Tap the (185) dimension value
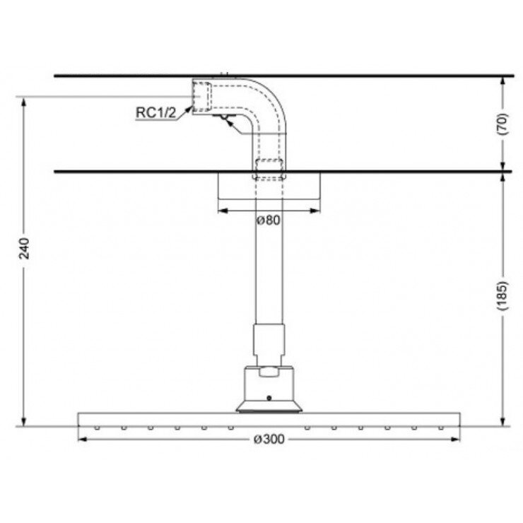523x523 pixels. click(503, 298)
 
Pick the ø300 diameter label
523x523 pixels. click(268, 440)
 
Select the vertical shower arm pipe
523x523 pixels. click(268, 269)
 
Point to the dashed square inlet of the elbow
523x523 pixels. click(204, 96)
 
